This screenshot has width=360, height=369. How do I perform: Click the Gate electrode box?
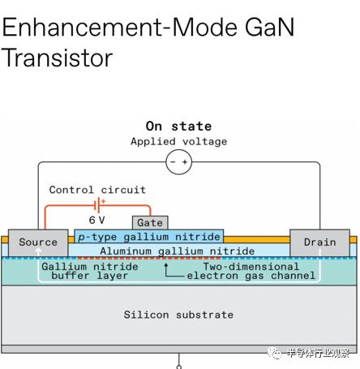[150, 222]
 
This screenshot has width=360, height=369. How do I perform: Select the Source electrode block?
[38, 242]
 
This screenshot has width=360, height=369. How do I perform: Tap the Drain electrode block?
[319, 242]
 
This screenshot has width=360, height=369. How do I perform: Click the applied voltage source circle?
[179, 162]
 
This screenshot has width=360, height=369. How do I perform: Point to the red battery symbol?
[99, 205]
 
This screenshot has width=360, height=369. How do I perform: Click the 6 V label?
[96, 220]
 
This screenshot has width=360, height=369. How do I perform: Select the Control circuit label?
[97, 190]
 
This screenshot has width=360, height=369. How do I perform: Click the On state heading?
[178, 127]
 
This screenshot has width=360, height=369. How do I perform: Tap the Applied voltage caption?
[178, 141]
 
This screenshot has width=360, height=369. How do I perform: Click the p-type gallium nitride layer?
[149, 236]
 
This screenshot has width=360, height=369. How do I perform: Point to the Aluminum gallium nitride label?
[178, 251]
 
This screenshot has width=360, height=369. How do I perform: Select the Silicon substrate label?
[178, 315]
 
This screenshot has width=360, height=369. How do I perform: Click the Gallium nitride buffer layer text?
[90, 271]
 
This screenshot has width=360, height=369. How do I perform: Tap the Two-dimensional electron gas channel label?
[251, 271]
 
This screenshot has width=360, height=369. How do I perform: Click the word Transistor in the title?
[57, 58]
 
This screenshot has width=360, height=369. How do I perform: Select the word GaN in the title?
[270, 27]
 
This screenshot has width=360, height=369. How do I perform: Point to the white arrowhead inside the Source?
[38, 251]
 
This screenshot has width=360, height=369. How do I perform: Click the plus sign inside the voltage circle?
[185, 162]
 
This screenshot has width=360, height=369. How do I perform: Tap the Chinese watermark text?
[318, 353]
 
